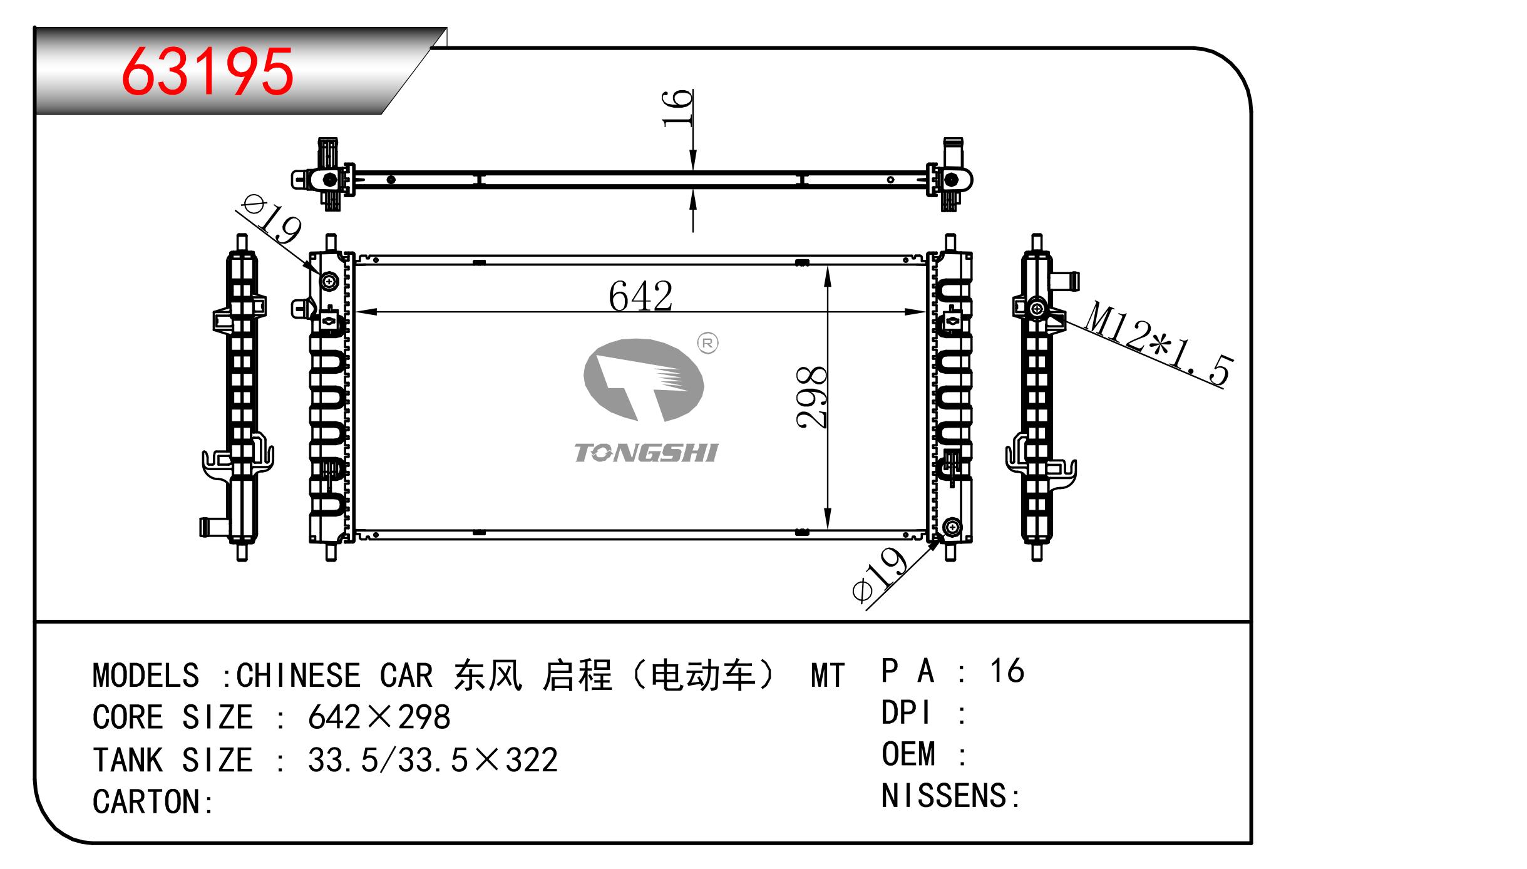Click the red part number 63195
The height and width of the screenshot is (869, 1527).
pyautogui.click(x=207, y=72)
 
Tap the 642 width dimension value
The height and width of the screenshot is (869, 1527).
pyautogui.click(x=640, y=296)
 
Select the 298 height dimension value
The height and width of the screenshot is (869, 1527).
pyautogui.click(x=812, y=398)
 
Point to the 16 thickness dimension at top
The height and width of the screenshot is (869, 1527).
pyautogui.click(x=678, y=108)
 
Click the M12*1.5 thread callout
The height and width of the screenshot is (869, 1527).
pyautogui.click(x=1158, y=343)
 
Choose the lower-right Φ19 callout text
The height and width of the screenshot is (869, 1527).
pyautogui.click(x=880, y=575)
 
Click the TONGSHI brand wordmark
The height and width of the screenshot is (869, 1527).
pyautogui.click(x=646, y=453)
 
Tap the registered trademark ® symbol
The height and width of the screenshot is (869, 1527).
pyautogui.click(x=707, y=343)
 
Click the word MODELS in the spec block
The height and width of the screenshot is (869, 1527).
pyautogui.click(x=146, y=676)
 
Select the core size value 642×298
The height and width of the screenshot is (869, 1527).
pyautogui.click(x=379, y=717)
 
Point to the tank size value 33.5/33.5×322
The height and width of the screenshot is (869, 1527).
pyautogui.click(x=432, y=760)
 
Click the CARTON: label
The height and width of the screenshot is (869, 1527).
pyautogui.click(x=153, y=802)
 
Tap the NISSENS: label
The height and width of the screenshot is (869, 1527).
pyautogui.click(x=950, y=796)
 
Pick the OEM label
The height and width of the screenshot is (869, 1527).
pyautogui.click(x=908, y=754)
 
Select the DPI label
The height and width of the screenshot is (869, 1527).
pyautogui.click(x=905, y=713)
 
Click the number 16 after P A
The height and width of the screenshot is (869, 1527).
pyautogui.click(x=1007, y=671)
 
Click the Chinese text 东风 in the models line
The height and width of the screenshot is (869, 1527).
pyautogui.click(x=488, y=676)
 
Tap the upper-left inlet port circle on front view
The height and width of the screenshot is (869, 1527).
pyautogui.click(x=329, y=282)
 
